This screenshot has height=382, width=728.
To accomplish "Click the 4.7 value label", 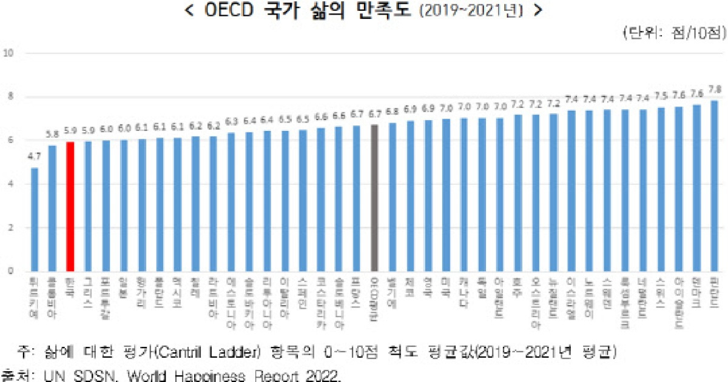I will [x=35, y=157].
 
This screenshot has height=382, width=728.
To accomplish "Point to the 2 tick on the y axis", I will [x=10, y=228].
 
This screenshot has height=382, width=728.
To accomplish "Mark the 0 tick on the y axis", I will [x=10, y=272].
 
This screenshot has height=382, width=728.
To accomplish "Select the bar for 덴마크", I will [x=696, y=188].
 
